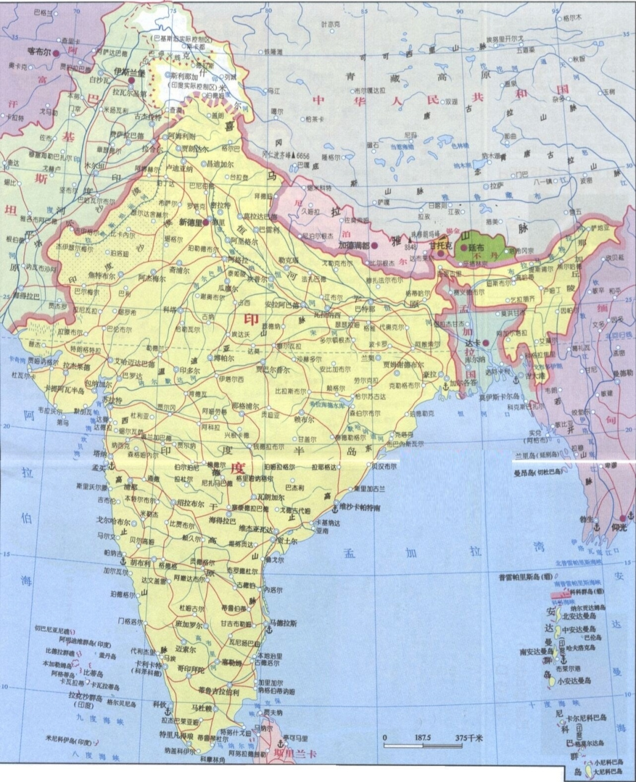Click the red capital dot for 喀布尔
pyautogui.click(x=57, y=53)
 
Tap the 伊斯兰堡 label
pyautogui.click(x=130, y=71)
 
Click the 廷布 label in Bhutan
pyautogui.click(x=477, y=249)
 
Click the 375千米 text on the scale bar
pyautogui.click(x=469, y=738)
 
